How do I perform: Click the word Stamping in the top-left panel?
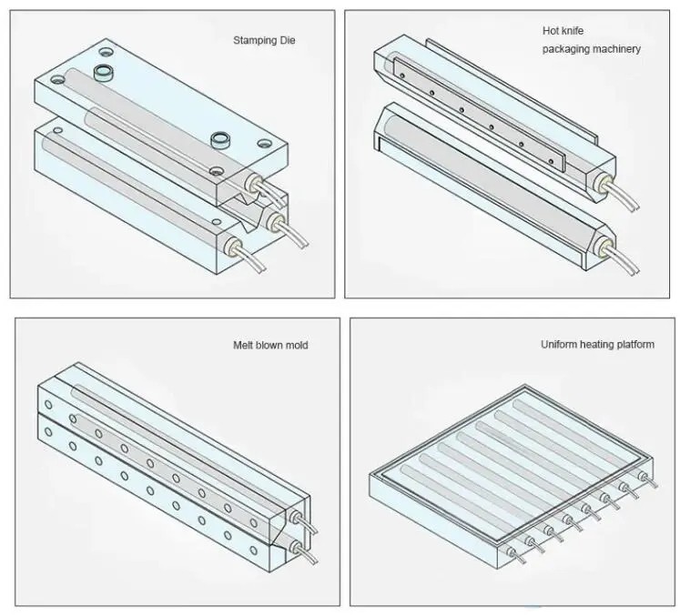[x=254, y=41]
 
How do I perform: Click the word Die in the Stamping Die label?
[x=286, y=40]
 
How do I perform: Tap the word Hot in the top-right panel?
[x=551, y=31]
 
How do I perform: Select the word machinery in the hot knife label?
[x=615, y=49]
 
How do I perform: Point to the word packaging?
[x=565, y=49]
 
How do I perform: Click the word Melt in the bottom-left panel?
[x=243, y=345]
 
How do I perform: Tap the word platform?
[x=636, y=345]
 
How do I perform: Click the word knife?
[x=572, y=31]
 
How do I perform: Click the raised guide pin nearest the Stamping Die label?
[x=103, y=72]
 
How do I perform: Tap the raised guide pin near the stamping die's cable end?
[x=220, y=140]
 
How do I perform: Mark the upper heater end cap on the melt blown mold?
[x=296, y=517]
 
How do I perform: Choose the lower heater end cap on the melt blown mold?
[x=295, y=547]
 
